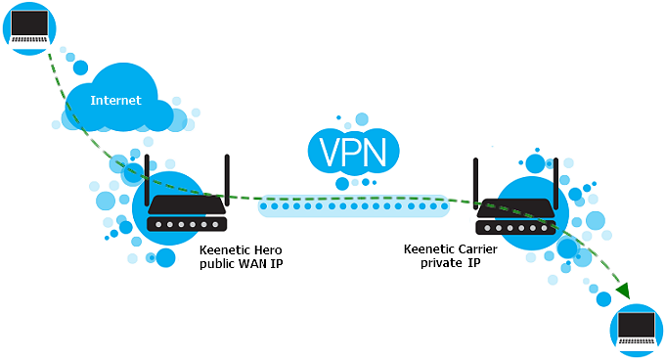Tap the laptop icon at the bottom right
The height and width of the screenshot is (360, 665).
637,330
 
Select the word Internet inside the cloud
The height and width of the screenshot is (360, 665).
115,101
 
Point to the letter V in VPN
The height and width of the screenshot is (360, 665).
325,153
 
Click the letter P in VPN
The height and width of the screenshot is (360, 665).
353,153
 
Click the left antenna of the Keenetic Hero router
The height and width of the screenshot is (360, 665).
148,176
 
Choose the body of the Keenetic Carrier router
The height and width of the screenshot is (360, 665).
515,222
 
